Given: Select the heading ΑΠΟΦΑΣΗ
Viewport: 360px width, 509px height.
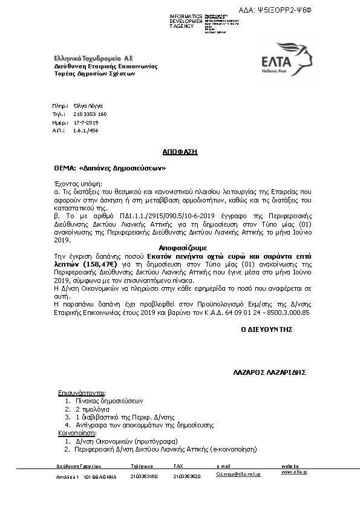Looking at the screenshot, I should click(180, 152).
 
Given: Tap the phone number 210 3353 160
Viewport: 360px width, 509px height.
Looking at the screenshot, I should click(90, 114).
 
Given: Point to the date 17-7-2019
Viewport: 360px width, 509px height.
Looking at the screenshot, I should click(85, 122).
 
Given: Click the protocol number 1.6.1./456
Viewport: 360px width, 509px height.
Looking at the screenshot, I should click(85, 130).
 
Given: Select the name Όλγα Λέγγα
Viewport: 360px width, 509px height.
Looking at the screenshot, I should click(88, 105).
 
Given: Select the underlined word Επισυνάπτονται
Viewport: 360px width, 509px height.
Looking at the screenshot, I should click(82, 392).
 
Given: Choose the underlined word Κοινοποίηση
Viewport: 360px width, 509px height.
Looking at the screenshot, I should click(77, 433).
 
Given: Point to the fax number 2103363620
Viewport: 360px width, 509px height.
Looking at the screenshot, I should click(187, 476).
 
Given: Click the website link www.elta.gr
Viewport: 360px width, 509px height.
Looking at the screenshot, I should click(294, 472).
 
